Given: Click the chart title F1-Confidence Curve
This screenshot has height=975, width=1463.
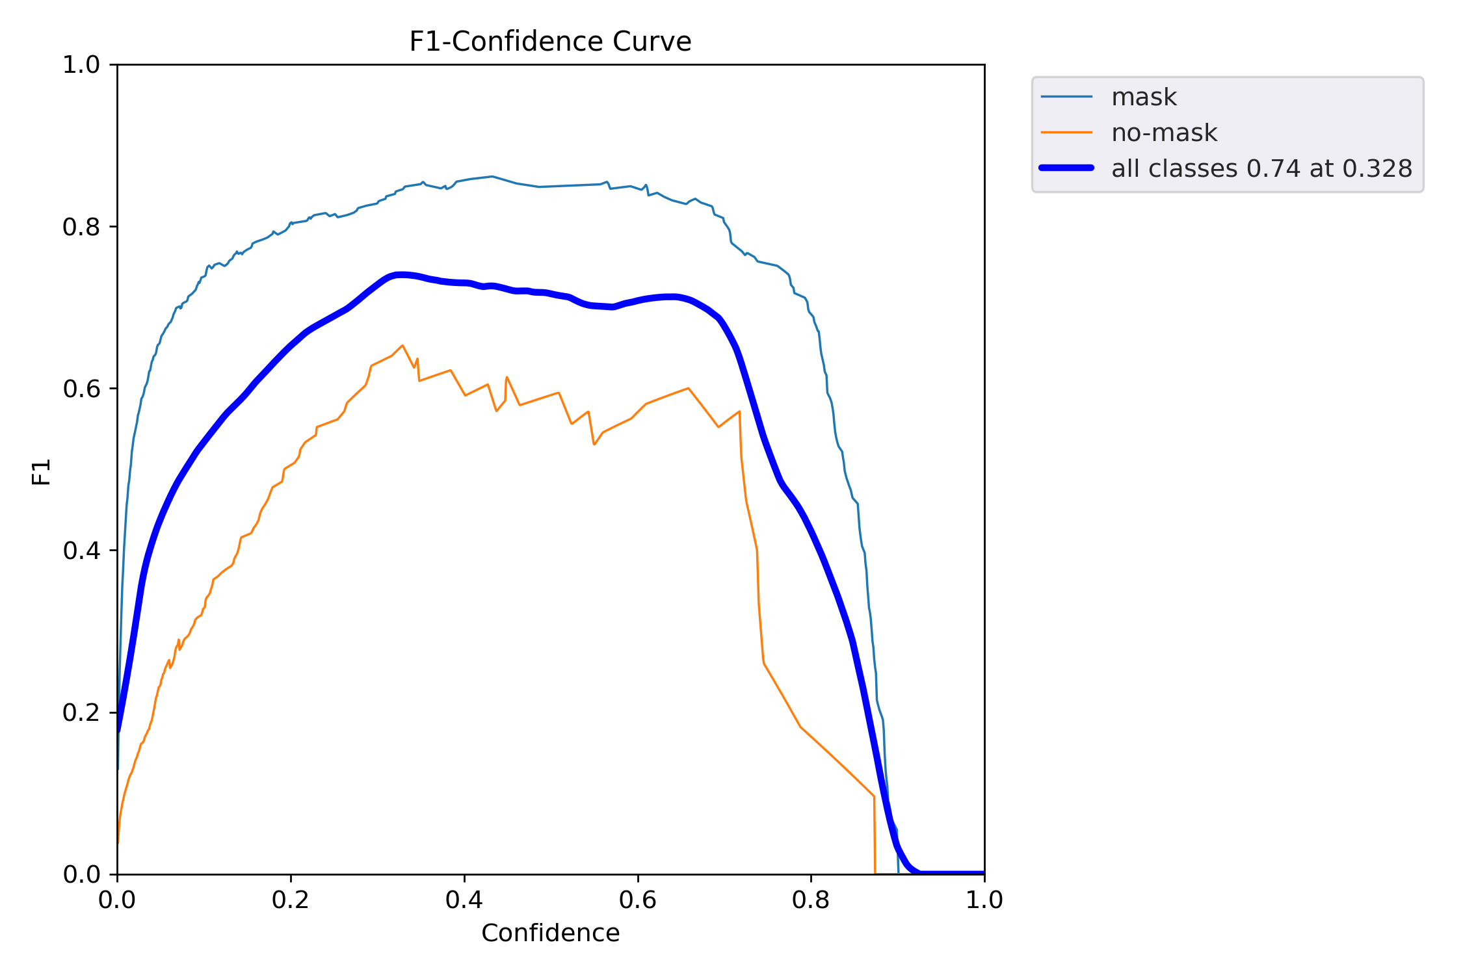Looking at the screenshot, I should point(550,42).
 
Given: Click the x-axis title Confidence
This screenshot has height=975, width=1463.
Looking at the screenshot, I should point(550,933).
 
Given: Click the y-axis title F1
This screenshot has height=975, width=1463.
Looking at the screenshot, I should point(41,472).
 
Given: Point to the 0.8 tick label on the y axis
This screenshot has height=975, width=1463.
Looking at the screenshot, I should point(81,227).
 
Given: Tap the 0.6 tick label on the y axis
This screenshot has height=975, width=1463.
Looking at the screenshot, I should point(81,389).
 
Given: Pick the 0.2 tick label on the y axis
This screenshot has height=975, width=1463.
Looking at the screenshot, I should point(81,712).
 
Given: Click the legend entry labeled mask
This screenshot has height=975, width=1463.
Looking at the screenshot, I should point(1144,97).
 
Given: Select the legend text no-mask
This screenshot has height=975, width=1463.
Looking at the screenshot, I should point(1164,133).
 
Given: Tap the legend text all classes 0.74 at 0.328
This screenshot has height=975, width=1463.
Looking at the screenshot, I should point(1261,168).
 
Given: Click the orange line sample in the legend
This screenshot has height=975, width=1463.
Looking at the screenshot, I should point(1066,133).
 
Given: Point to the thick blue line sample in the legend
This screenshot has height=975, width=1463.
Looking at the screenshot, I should point(1066,168).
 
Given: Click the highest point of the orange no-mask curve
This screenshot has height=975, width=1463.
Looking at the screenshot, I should point(402,346).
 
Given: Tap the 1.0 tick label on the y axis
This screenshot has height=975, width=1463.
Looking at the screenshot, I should point(81,65).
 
